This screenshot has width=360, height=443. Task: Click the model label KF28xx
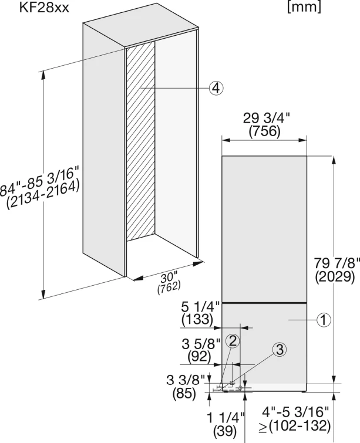44,8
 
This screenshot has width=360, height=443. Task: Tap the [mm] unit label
304,8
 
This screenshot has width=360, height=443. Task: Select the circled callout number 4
216,88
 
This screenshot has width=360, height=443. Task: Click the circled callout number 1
324,320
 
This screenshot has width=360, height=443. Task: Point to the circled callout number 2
233,341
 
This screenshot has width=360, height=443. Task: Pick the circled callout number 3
280,350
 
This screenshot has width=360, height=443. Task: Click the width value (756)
264,131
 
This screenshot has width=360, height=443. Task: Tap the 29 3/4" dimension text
267,119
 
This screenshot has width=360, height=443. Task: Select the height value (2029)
335,276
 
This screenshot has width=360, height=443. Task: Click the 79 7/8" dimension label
337,263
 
